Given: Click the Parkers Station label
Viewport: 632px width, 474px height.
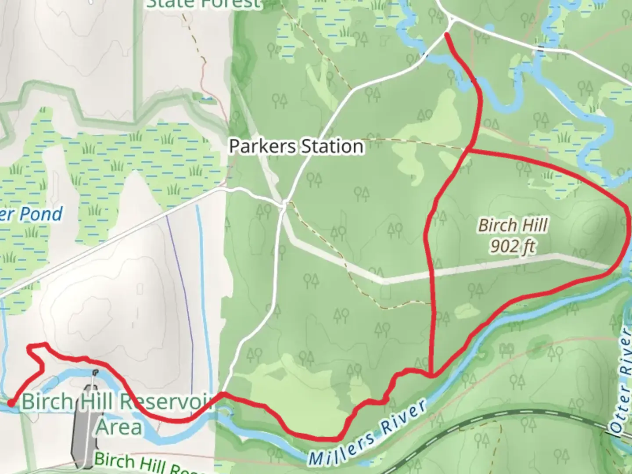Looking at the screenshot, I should pos(296,146).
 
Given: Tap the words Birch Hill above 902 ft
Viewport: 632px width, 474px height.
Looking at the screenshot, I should pos(513,225).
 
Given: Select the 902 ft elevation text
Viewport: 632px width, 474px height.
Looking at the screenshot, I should pos(513,246).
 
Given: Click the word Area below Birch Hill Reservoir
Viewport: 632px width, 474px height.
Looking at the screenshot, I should pos(119,427).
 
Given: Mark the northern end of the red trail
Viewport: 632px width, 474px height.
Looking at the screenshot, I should pos(447,34).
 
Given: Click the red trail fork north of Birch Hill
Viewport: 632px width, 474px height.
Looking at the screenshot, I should pos(469,151).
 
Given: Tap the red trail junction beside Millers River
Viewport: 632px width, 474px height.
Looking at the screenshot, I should pos(433,376).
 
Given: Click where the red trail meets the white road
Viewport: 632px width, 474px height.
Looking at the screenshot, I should pos(223,394).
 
